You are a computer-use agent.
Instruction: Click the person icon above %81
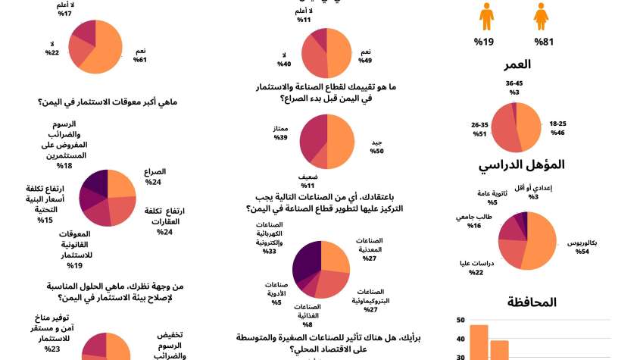pos(541,15)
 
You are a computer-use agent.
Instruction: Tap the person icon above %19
pos(486,15)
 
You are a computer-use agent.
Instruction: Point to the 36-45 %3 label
pos(514,88)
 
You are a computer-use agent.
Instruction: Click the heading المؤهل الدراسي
pos(522,164)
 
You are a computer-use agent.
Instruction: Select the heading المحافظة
pos(532,302)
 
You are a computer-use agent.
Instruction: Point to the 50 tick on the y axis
pos(460,320)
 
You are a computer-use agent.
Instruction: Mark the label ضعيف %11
pos(308,181)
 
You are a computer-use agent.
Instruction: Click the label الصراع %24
pos(155,177)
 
